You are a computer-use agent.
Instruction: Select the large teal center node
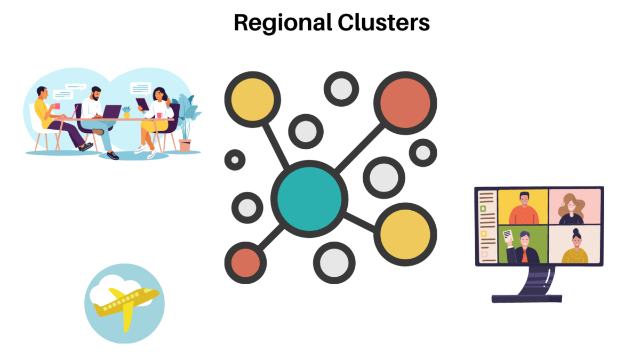(x=309, y=198)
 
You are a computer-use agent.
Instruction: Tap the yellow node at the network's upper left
(x=252, y=99)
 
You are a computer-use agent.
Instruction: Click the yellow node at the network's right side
(x=405, y=234)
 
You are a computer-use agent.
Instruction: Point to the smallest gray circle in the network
(x=235, y=159)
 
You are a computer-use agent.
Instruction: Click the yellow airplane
(x=125, y=305)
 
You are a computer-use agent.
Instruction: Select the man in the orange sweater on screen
(x=523, y=209)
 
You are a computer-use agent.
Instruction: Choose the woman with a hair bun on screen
(x=575, y=246)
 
